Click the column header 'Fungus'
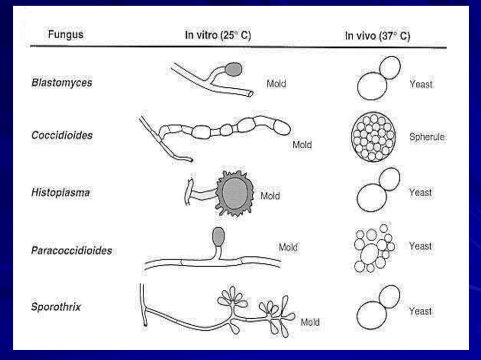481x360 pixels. tap(66, 35)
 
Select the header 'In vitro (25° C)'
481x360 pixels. tap(218, 36)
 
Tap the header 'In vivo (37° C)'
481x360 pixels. tap(377, 36)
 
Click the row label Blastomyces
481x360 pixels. tap(62, 83)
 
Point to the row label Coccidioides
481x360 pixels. tap(62, 136)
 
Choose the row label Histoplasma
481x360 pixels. tap(61, 192)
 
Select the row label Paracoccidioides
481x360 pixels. tap(71, 250)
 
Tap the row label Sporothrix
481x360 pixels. tap(56, 307)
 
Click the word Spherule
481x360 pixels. tap(427, 137)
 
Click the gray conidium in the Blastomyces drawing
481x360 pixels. tap(233, 69)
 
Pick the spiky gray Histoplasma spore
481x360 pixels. tap(235, 193)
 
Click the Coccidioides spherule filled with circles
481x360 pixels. tap(374, 136)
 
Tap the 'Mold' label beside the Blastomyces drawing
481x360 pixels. tap(276, 84)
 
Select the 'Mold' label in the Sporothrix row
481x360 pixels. tap(310, 322)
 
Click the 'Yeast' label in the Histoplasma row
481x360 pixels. tap(420, 192)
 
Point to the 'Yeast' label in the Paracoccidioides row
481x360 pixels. tap(420, 246)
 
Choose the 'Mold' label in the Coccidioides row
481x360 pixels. tap(302, 145)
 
